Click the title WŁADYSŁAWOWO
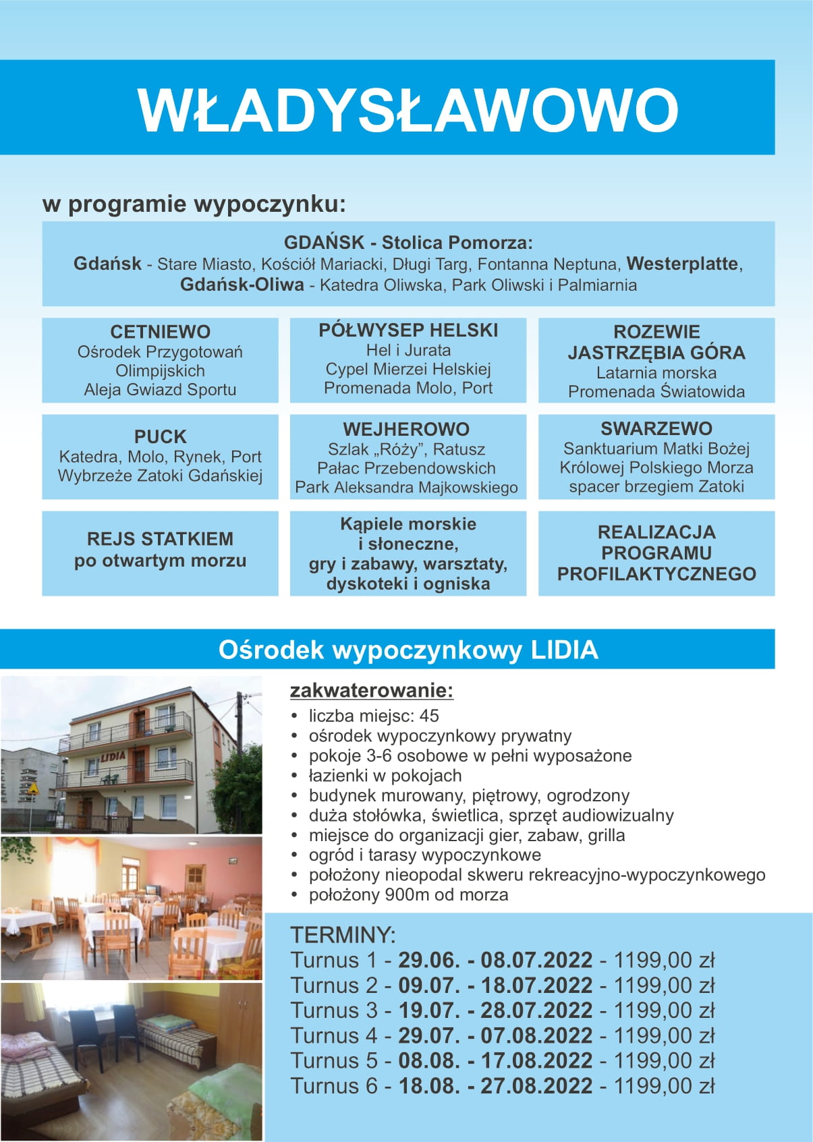click(408, 109)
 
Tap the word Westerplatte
click(682, 264)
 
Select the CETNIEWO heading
click(160, 332)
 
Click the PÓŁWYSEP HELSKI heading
click(408, 330)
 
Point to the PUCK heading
click(160, 436)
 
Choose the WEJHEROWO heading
click(406, 429)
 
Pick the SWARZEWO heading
click(656, 428)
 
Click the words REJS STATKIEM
click(160, 539)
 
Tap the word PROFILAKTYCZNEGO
click(656, 574)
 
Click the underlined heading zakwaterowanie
click(371, 691)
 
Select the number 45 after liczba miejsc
click(428, 716)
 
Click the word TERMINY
click(342, 935)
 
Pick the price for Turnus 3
click(663, 1010)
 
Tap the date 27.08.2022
click(536, 1086)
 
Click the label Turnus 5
click(333, 1060)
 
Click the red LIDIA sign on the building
click(113, 756)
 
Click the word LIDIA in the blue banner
click(564, 650)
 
